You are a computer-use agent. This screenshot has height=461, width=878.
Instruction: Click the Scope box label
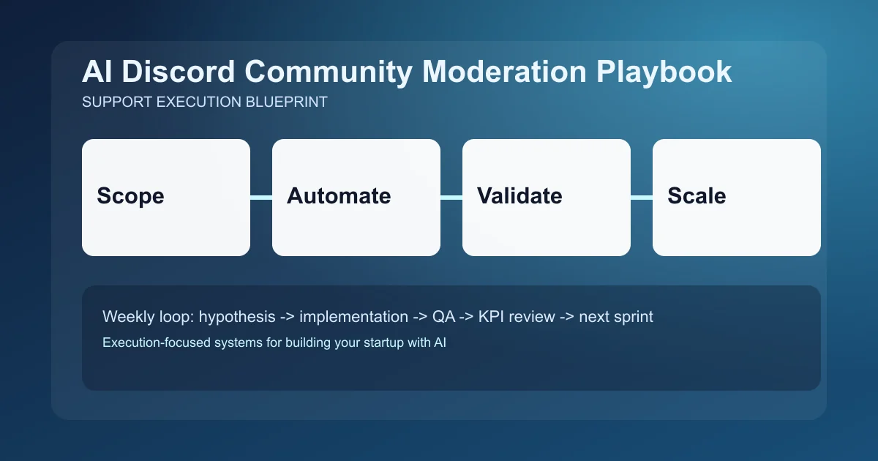pos(130,196)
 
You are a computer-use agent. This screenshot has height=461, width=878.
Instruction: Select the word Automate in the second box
pos(339,196)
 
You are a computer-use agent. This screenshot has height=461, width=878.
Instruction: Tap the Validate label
pos(519,196)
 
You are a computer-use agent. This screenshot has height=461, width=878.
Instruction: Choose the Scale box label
pos(697,196)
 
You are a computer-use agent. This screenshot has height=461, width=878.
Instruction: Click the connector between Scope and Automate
pos(261,197)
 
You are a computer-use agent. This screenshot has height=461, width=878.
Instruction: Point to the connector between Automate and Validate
pos(451,197)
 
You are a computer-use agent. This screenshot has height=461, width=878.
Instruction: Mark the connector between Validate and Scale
pos(642,197)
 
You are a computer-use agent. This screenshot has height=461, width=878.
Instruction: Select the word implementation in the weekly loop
pos(354,318)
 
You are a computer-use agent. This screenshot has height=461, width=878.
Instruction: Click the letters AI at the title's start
pos(96,72)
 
